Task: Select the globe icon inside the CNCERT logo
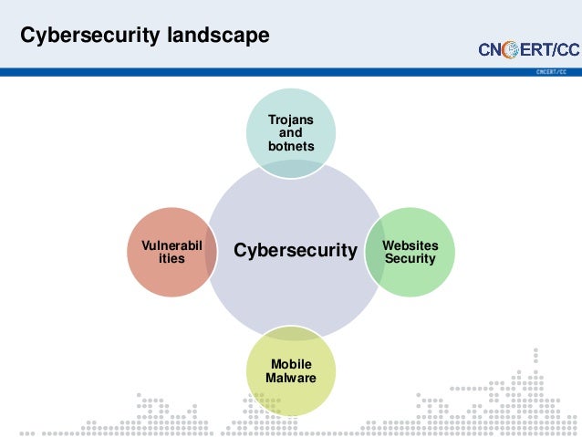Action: coord(509,49)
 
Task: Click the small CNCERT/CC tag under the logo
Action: coord(551,70)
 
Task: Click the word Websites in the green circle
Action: coord(410,245)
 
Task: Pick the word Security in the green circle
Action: coord(410,259)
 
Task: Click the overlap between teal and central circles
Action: coord(292,168)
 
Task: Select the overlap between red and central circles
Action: coord(211,252)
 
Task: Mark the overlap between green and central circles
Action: coord(372,252)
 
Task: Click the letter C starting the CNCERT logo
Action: coord(485,49)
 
